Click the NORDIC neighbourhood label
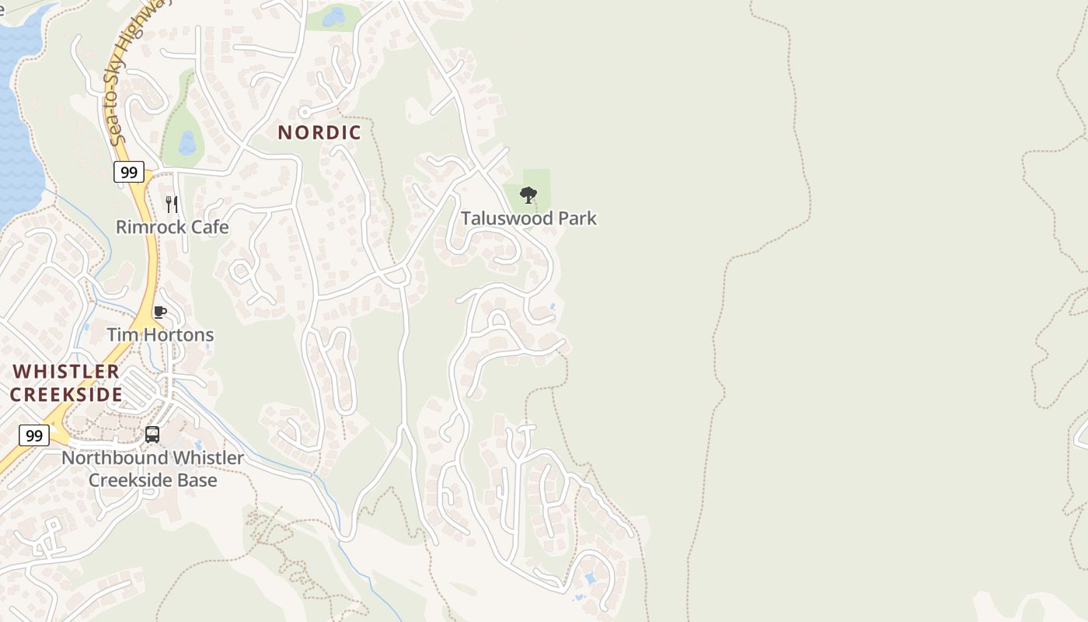[319, 132]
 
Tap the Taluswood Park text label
[528, 218]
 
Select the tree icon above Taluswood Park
[528, 194]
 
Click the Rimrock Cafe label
[172, 227]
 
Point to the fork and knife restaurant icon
[172, 204]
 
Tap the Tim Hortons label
[160, 335]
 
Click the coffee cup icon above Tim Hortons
[159, 313]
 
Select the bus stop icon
[152, 435]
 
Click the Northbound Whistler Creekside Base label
[152, 469]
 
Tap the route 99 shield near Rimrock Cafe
[128, 172]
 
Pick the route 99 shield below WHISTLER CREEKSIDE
[33, 435]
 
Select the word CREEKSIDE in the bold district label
[66, 395]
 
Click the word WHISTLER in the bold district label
[66, 372]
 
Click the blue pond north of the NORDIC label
[333, 16]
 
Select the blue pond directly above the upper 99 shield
[187, 143]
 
